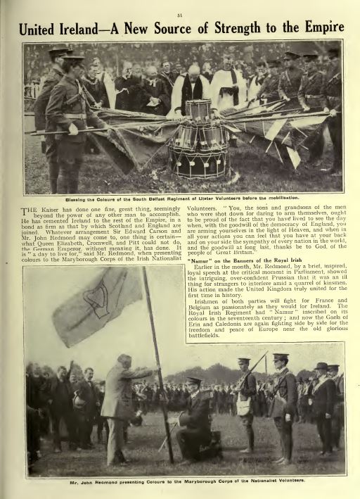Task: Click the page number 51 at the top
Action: point(181,6)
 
